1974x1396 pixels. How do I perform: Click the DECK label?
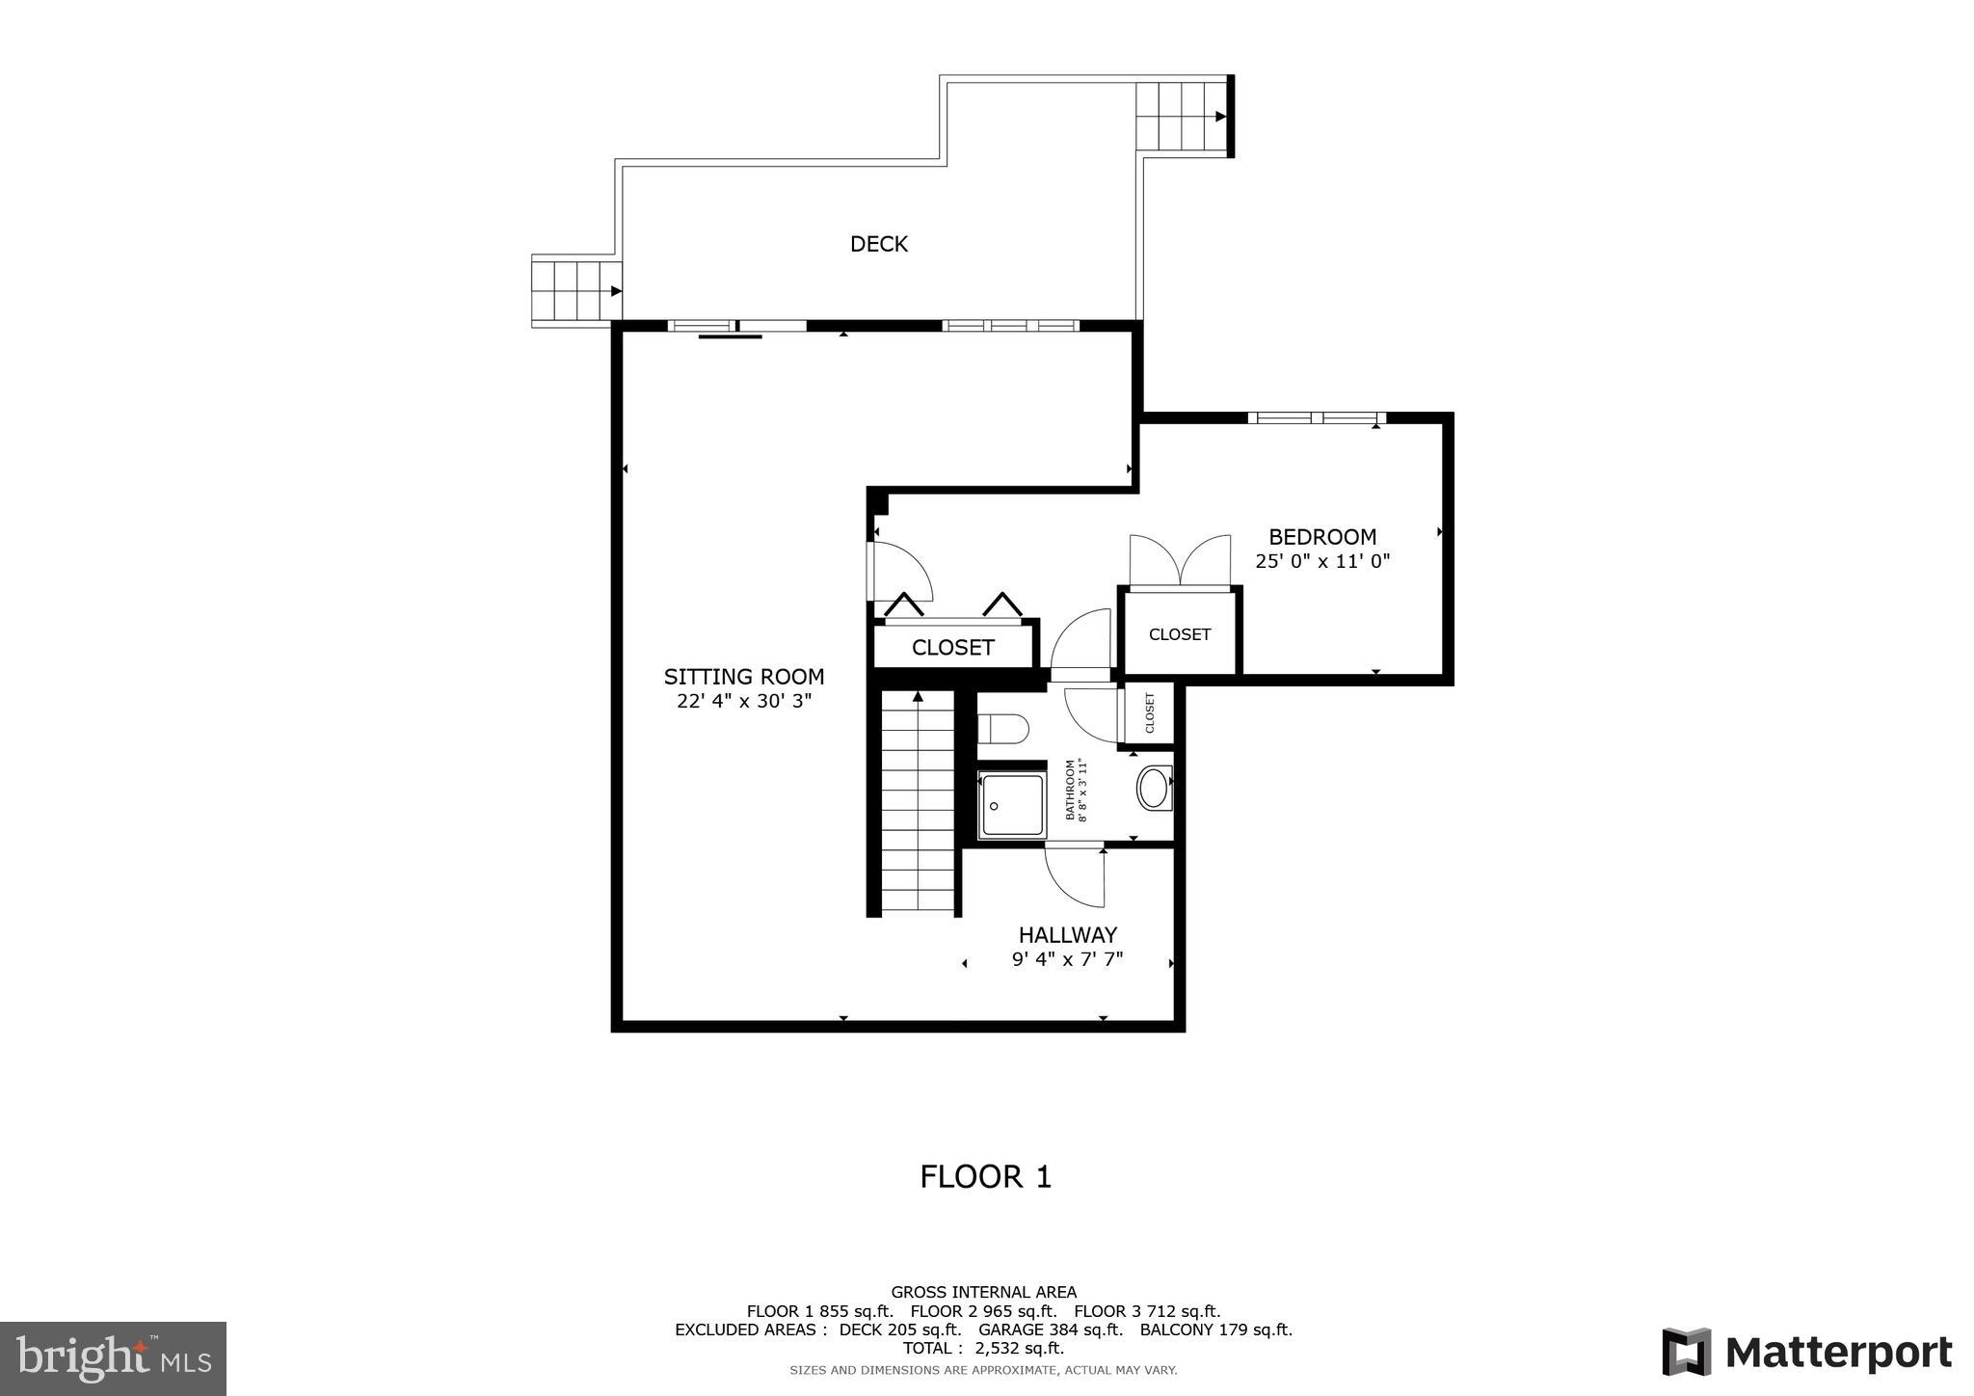(x=878, y=244)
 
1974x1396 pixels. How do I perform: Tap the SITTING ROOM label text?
(x=743, y=677)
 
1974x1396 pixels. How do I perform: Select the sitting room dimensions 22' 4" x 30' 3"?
(x=743, y=702)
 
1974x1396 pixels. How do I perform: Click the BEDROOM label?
(x=1321, y=537)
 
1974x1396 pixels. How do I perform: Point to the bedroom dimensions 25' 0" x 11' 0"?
(x=1321, y=561)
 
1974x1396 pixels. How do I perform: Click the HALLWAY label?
(x=1067, y=935)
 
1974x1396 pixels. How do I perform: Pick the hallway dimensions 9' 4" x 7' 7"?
(x=1067, y=960)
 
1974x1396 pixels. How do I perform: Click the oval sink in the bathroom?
(x=1154, y=788)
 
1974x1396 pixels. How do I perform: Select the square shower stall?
(x=1011, y=805)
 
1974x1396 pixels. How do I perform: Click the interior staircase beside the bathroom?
(x=918, y=805)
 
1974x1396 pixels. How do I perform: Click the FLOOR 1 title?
(x=985, y=1177)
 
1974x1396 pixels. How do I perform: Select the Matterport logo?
(x=1806, y=1353)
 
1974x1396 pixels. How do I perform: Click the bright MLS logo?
(x=113, y=1358)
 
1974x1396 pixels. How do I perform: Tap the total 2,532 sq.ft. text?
(x=983, y=1348)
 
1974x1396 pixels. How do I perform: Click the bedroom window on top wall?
(x=1316, y=418)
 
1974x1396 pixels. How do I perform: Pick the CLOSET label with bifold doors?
(x=952, y=648)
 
